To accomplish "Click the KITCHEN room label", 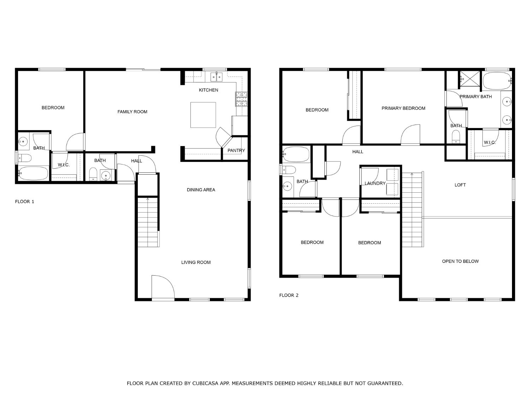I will click(x=208, y=90).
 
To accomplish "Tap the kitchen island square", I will click(x=203, y=115).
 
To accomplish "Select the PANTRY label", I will click(x=236, y=150).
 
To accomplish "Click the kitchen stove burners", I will click(x=241, y=99).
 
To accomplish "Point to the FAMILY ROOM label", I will click(x=132, y=112).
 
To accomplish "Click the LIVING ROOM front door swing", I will click(x=162, y=288).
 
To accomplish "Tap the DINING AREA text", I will click(x=201, y=190).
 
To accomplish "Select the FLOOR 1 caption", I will click(x=24, y=201).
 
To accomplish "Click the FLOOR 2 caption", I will click(x=289, y=295).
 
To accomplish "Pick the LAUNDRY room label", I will click(x=375, y=183).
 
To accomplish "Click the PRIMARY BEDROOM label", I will click(x=403, y=108).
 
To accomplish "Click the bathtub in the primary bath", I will click(x=497, y=81).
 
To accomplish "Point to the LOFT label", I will click(x=460, y=185).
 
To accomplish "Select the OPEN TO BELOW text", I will click(x=460, y=261).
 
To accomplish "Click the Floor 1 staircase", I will click(x=148, y=222).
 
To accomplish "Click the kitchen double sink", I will click(x=216, y=76).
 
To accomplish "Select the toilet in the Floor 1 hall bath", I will click(x=93, y=174).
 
